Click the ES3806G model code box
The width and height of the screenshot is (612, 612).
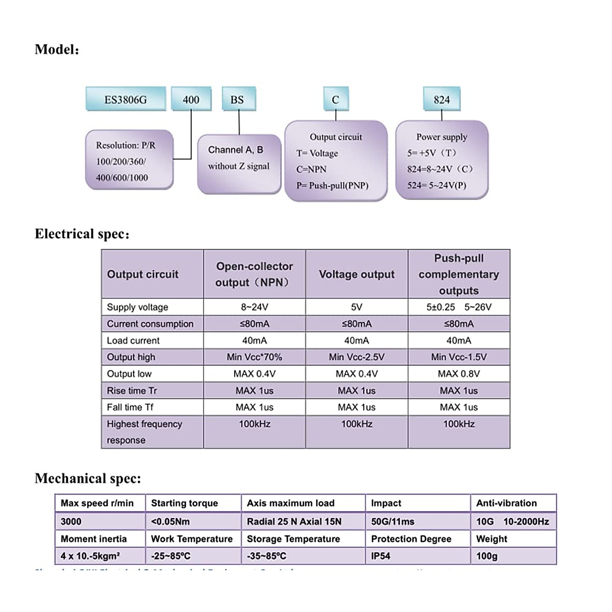[125, 99]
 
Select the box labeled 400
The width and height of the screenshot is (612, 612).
[191, 99]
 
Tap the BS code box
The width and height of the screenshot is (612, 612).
[237, 99]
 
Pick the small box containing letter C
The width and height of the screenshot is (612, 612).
[335, 99]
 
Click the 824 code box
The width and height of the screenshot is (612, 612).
[442, 99]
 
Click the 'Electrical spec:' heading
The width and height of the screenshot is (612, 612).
[82, 234]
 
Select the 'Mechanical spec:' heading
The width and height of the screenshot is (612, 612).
[88, 478]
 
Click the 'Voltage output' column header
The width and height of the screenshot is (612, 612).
[356, 274]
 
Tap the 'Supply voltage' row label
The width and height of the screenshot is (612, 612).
[137, 307]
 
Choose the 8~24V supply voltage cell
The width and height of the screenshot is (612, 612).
[254, 307]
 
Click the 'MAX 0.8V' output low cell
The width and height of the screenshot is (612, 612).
[458, 374]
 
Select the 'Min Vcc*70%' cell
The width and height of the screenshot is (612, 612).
[254, 357]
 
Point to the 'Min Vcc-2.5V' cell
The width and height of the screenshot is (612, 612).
[356, 357]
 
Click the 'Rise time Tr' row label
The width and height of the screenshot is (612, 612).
[132, 391]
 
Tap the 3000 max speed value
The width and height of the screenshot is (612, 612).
[71, 521]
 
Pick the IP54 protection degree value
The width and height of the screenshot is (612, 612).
[380, 556]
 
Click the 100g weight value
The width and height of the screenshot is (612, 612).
[487, 556]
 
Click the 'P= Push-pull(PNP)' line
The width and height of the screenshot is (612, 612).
[332, 186]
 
